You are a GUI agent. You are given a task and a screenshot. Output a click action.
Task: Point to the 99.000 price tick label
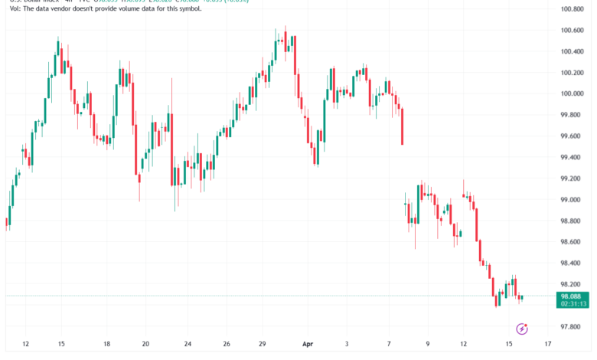573,200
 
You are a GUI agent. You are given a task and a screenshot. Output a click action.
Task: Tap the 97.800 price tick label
573,326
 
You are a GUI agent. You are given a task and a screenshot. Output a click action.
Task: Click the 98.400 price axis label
573,263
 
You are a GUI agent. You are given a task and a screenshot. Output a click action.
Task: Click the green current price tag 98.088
573,296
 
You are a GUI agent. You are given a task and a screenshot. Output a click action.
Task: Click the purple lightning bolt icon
522,329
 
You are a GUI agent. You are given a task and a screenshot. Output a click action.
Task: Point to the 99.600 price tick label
573,136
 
